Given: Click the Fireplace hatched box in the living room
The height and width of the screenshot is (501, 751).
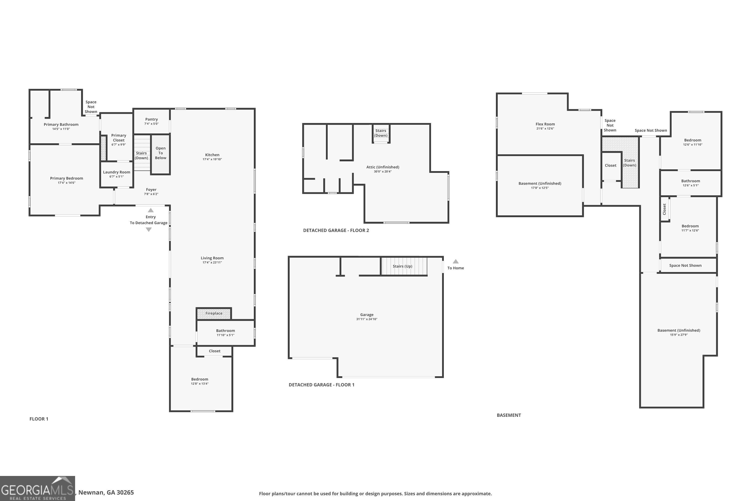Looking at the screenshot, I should (x=214, y=313).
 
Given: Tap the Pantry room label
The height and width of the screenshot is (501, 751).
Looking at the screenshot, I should (x=151, y=119).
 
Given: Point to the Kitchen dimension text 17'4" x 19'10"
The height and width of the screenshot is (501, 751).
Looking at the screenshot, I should (x=212, y=159).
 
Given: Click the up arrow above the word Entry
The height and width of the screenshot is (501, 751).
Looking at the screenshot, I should (x=151, y=210).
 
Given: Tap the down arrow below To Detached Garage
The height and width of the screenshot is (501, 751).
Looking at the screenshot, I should (x=148, y=229).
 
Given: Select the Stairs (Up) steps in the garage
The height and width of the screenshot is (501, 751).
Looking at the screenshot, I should (x=404, y=266).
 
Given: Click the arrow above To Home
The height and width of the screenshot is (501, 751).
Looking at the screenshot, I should (x=456, y=261).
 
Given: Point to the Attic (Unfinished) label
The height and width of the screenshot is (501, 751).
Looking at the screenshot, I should (x=383, y=167).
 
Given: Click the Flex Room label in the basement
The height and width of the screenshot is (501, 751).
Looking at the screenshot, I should (x=545, y=124).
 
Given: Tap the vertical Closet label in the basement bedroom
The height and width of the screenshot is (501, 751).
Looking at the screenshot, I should (x=664, y=209).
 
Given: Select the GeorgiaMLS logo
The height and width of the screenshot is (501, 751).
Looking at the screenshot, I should (x=37, y=488).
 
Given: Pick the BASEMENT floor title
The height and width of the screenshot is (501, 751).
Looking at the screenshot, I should (x=509, y=415).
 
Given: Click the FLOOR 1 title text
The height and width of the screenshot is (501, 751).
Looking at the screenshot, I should (x=39, y=419).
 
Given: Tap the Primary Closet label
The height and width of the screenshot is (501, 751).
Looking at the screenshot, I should (x=119, y=138).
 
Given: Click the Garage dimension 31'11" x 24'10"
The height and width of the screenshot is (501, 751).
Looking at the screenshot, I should (x=366, y=319).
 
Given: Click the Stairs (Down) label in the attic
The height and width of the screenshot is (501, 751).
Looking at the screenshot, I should (x=381, y=133).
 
